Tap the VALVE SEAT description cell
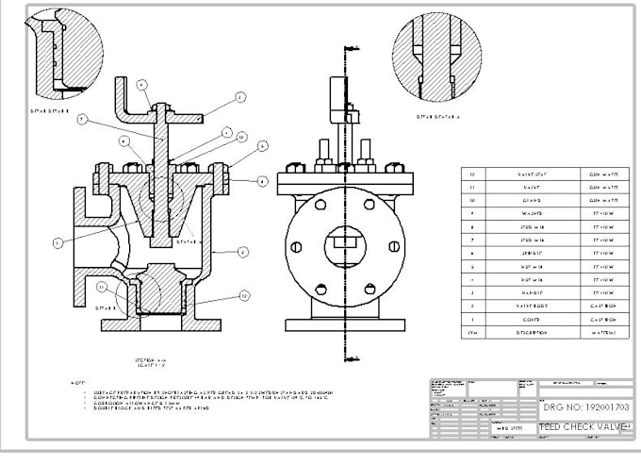pyautogui.click(x=525, y=174)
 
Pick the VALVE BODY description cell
pyautogui.click(x=525, y=307)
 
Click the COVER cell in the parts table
pyautogui.click(x=525, y=320)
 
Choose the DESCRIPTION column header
pyautogui.click(x=525, y=333)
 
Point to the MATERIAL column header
pyautogui.click(x=603, y=333)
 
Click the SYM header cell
pyautogui.click(x=473, y=333)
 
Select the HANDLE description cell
pyautogui.click(x=525, y=293)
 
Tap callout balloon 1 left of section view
pyautogui.click(x=57, y=242)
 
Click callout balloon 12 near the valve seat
pyautogui.click(x=244, y=295)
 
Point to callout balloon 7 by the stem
pyautogui.click(x=83, y=120)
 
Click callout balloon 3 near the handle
pyautogui.click(x=240, y=97)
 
